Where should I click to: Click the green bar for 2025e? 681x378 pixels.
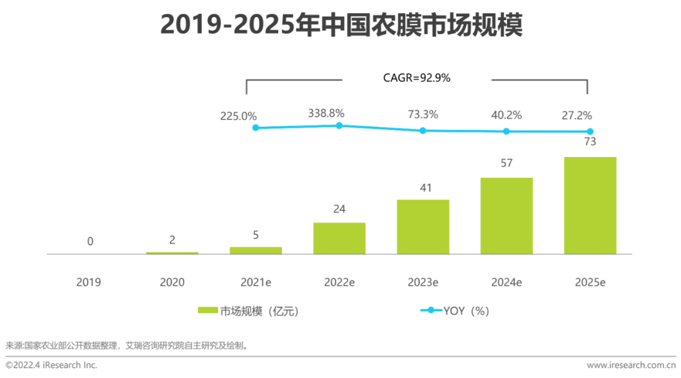click(590, 205)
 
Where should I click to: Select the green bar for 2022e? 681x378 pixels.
click(339, 238)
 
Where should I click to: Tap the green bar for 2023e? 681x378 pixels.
click(422, 227)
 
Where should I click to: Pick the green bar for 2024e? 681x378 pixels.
click(506, 215)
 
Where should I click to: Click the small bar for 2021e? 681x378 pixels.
click(255, 251)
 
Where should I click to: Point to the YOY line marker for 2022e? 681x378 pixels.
click(339, 126)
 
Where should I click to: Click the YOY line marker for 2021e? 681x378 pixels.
click(255, 127)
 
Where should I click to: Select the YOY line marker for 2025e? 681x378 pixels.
click(590, 131)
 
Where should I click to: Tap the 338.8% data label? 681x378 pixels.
click(326, 113)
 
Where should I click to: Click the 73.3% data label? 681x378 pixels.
click(423, 115)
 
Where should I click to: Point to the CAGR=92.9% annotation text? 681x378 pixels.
click(417, 78)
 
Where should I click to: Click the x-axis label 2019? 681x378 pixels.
click(88, 282)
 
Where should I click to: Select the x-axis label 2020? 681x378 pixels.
click(172, 282)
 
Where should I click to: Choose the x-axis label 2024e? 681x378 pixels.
click(506, 282)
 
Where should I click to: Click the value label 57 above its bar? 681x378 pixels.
click(506, 163)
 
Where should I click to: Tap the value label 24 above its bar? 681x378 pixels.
click(339, 209)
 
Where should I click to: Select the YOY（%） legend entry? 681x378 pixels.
click(457, 310)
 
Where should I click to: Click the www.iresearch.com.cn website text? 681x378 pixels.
click(631, 365)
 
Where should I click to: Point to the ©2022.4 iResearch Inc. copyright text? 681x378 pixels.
click(52, 365)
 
